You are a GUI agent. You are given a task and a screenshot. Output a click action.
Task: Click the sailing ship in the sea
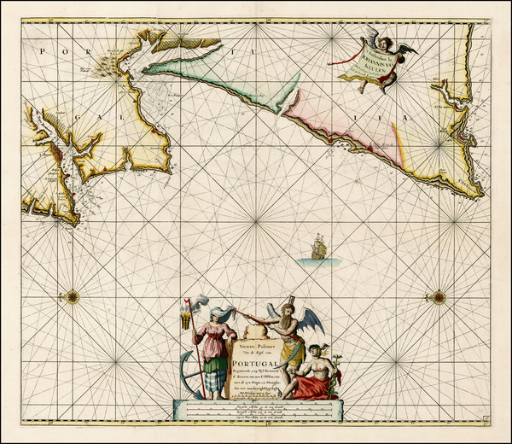[317, 248]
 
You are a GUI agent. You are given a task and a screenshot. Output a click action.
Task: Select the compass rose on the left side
[73, 297]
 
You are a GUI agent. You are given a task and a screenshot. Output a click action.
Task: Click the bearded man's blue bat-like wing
[311, 320]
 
